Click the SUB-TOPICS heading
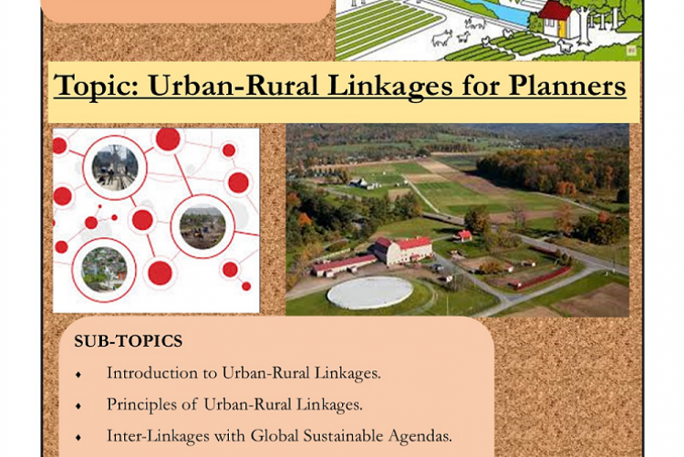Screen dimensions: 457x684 pos(128,341)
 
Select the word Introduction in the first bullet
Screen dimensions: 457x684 pos(150,372)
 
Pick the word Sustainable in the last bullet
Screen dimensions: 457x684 pos(343,434)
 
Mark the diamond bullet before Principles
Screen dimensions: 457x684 pos(79,404)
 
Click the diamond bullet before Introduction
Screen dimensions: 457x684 pos(79,373)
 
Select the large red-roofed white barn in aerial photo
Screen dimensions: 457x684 pos(400,249)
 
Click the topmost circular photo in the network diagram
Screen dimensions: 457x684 pos(115,166)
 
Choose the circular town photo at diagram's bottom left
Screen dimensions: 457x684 pos(104,268)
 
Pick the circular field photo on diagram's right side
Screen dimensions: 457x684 pos(202,227)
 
